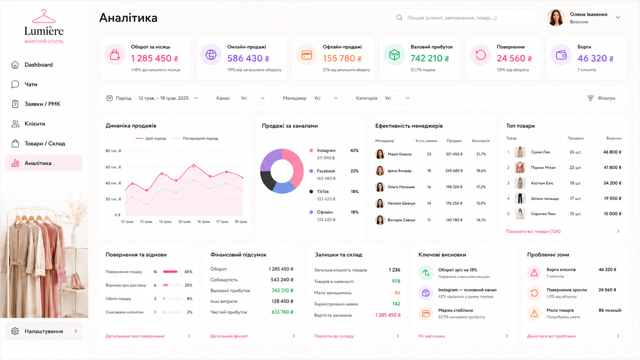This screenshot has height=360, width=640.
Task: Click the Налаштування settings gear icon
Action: coord(15,331)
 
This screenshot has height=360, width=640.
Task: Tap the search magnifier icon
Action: coord(400,18)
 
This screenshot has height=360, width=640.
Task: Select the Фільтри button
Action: coord(601,98)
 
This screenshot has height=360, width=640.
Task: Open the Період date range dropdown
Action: coord(155,98)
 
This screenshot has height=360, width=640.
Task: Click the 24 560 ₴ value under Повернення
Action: coord(514,58)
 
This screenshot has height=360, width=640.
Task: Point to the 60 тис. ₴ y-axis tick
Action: coord(113,167)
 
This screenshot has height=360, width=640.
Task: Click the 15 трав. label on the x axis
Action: coord(184,222)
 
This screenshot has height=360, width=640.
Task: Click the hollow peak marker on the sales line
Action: coord(194,166)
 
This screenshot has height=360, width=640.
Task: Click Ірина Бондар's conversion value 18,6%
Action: coord(481,171)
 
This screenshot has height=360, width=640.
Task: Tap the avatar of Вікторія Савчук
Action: coord(380,220)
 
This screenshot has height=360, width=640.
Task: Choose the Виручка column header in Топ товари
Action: coord(614,138)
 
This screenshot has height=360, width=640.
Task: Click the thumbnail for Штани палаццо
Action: coord(520,199)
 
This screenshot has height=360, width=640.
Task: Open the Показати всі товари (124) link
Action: coord(533,231)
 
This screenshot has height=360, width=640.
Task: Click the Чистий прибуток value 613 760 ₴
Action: coord(282,312)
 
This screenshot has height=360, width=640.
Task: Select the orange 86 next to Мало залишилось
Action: coord(397,293)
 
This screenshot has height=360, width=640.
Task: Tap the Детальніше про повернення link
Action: coord(135,336)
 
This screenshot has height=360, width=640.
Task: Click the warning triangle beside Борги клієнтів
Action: coord(534,273)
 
